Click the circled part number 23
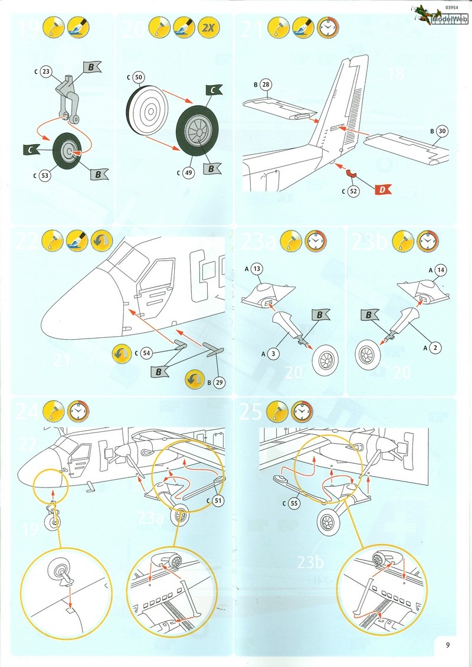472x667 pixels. click(47, 72)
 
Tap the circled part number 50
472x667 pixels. click(139, 77)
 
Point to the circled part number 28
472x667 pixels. click(266, 85)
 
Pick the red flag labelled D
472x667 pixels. click(382, 189)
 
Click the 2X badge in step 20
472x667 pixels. click(206, 27)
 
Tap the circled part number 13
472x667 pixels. click(256, 269)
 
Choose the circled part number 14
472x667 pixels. click(440, 270)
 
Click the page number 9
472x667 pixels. click(448, 645)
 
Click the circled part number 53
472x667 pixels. click(45, 175)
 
